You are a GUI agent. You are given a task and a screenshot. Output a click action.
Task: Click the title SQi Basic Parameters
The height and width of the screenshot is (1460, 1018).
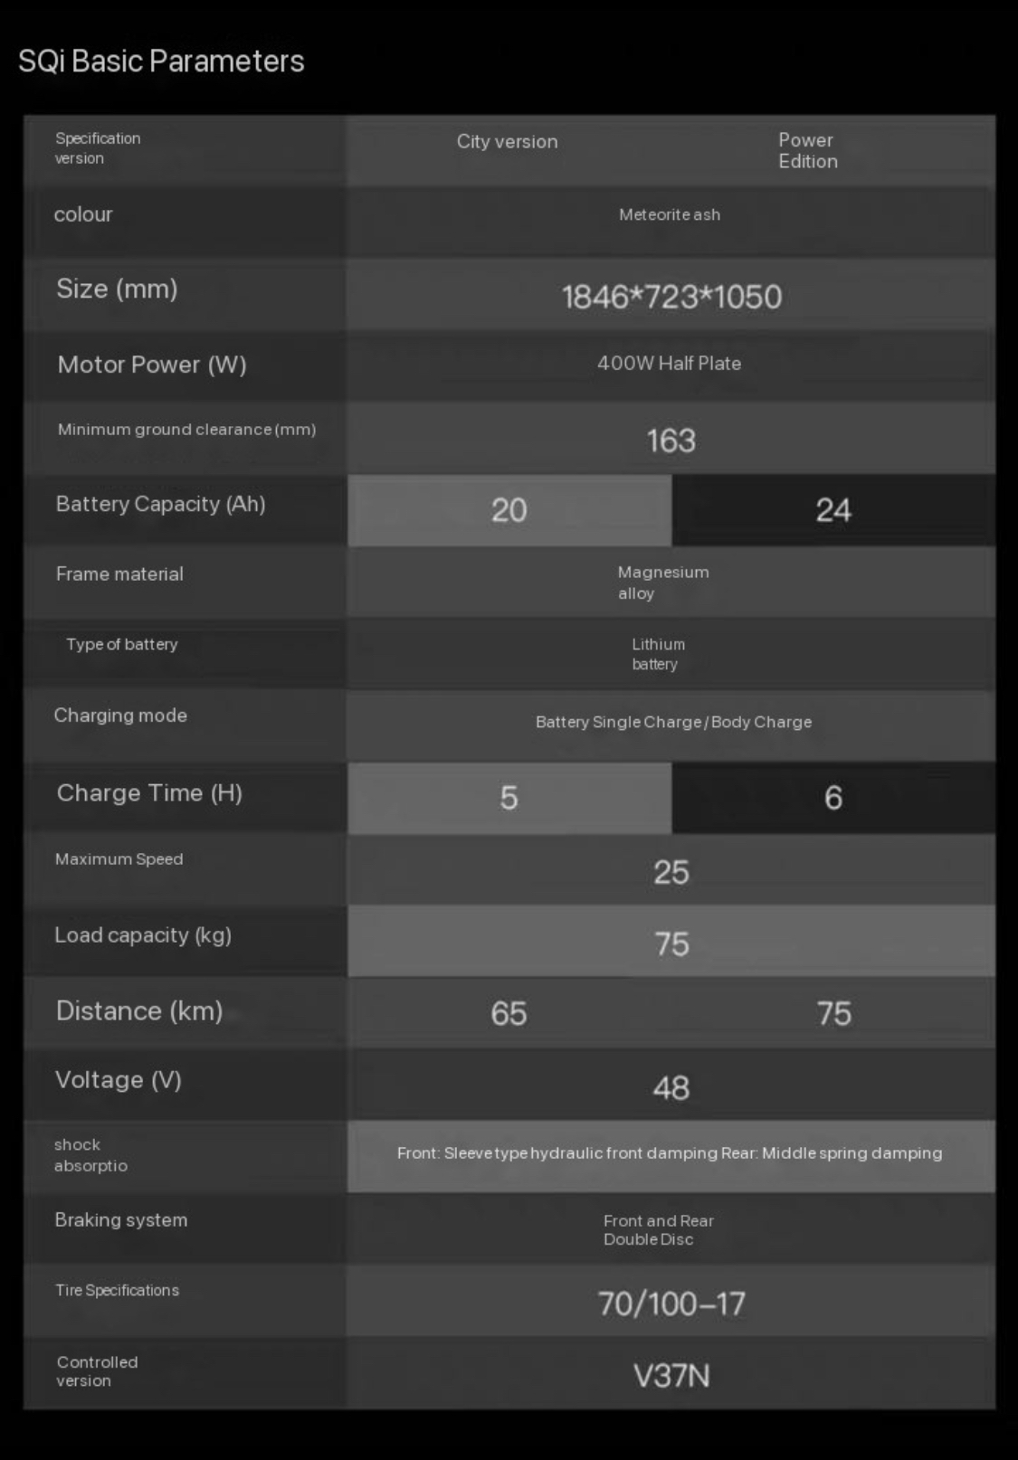coord(161,62)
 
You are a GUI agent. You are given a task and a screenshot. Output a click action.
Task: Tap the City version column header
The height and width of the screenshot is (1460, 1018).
coord(507,142)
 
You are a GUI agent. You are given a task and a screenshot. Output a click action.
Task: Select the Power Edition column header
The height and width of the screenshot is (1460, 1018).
coord(807,151)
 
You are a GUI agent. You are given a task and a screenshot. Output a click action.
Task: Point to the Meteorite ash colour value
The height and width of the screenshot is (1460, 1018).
coord(670,215)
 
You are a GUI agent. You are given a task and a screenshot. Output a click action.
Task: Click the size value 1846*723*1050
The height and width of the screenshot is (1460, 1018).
coord(671,297)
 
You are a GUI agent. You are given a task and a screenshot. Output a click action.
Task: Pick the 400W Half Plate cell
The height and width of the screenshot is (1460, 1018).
coord(669,364)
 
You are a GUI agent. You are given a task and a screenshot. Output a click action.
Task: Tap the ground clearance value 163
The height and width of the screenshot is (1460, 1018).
coord(671,441)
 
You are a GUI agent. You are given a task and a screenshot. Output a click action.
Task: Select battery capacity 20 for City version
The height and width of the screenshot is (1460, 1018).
coord(509,510)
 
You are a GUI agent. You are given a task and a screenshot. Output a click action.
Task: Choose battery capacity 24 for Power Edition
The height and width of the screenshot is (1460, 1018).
coord(832,510)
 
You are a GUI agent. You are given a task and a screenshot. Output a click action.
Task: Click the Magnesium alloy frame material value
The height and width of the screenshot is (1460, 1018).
coord(662,583)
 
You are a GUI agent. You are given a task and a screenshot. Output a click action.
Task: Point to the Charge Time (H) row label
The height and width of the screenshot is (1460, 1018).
coord(149,793)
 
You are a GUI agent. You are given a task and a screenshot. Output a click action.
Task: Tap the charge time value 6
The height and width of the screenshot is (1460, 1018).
coord(832,798)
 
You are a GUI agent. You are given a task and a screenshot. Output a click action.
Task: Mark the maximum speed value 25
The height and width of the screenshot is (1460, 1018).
coord(671,872)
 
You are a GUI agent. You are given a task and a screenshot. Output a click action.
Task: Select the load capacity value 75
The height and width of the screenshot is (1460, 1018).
coord(671,944)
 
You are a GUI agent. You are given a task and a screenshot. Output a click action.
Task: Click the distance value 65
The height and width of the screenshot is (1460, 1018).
coord(509,1013)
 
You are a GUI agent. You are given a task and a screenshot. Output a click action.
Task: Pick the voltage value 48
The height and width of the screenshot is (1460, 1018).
coord(671,1087)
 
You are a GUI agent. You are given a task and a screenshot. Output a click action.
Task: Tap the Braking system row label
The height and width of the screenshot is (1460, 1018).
coord(121,1220)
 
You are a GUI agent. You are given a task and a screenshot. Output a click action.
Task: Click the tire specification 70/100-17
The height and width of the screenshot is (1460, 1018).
coord(671,1304)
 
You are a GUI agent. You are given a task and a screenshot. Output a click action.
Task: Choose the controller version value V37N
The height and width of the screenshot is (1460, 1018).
coord(671,1376)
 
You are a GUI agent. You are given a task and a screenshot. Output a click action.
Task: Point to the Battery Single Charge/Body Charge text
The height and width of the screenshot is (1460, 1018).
coord(673,722)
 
